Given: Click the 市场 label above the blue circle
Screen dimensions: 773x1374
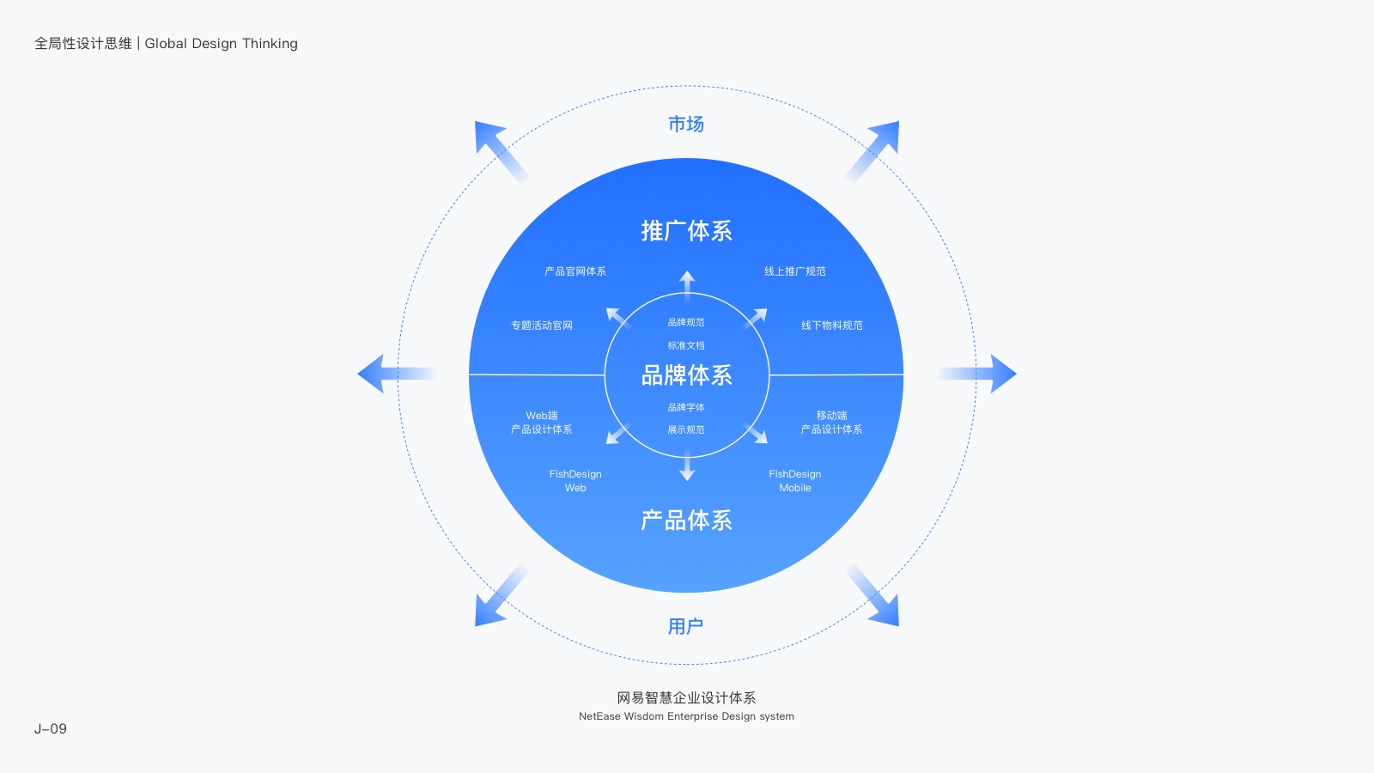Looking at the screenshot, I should (x=686, y=125).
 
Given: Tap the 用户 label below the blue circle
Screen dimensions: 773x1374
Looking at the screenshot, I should (x=685, y=626).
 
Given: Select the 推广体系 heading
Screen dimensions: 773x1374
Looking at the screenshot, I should (x=686, y=230).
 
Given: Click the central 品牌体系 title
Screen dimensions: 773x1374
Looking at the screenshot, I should (x=686, y=375).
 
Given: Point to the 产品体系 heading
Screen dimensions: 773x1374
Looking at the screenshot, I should (x=686, y=520).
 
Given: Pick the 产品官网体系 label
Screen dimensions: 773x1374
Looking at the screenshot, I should (x=575, y=271).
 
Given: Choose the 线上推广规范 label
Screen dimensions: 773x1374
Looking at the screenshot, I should (x=795, y=271).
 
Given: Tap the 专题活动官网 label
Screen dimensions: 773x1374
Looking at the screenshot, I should (x=542, y=326).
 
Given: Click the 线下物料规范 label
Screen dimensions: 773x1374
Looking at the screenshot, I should (x=831, y=326).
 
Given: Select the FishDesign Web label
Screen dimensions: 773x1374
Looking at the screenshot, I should (x=575, y=481).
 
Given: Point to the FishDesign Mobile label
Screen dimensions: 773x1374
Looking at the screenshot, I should (x=794, y=481).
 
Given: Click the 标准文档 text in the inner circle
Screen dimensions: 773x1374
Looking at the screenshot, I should (x=686, y=345).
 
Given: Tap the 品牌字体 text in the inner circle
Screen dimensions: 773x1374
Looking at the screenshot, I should (x=686, y=407).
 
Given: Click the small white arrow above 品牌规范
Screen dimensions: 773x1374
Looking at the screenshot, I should (x=687, y=284).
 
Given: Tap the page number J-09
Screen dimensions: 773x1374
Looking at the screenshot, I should (x=51, y=728).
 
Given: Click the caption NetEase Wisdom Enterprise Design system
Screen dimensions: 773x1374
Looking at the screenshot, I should (x=686, y=716).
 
